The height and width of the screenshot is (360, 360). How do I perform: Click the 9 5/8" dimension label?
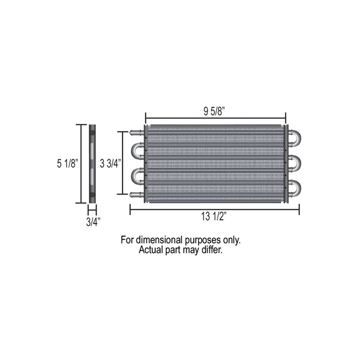pyautogui.click(x=214, y=112)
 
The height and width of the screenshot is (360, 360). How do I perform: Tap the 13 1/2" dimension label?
pyautogui.click(x=214, y=217)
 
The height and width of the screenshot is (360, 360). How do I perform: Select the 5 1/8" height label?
pyautogui.click(x=68, y=164)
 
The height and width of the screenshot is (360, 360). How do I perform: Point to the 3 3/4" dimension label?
pyautogui.click(x=111, y=164)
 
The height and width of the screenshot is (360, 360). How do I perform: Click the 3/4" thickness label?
pyautogui.click(x=93, y=222)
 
